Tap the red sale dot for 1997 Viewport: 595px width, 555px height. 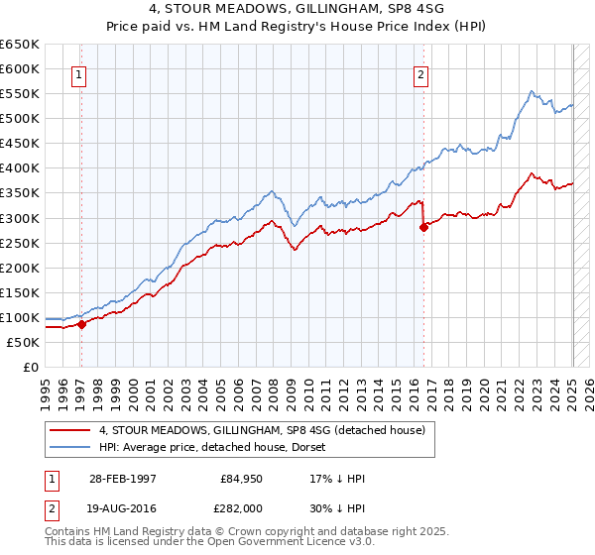pos(82,324)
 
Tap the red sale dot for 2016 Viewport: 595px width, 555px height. pos(424,227)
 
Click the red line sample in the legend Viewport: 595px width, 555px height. pos(69,430)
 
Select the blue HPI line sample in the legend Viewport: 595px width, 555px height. pos(69,447)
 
